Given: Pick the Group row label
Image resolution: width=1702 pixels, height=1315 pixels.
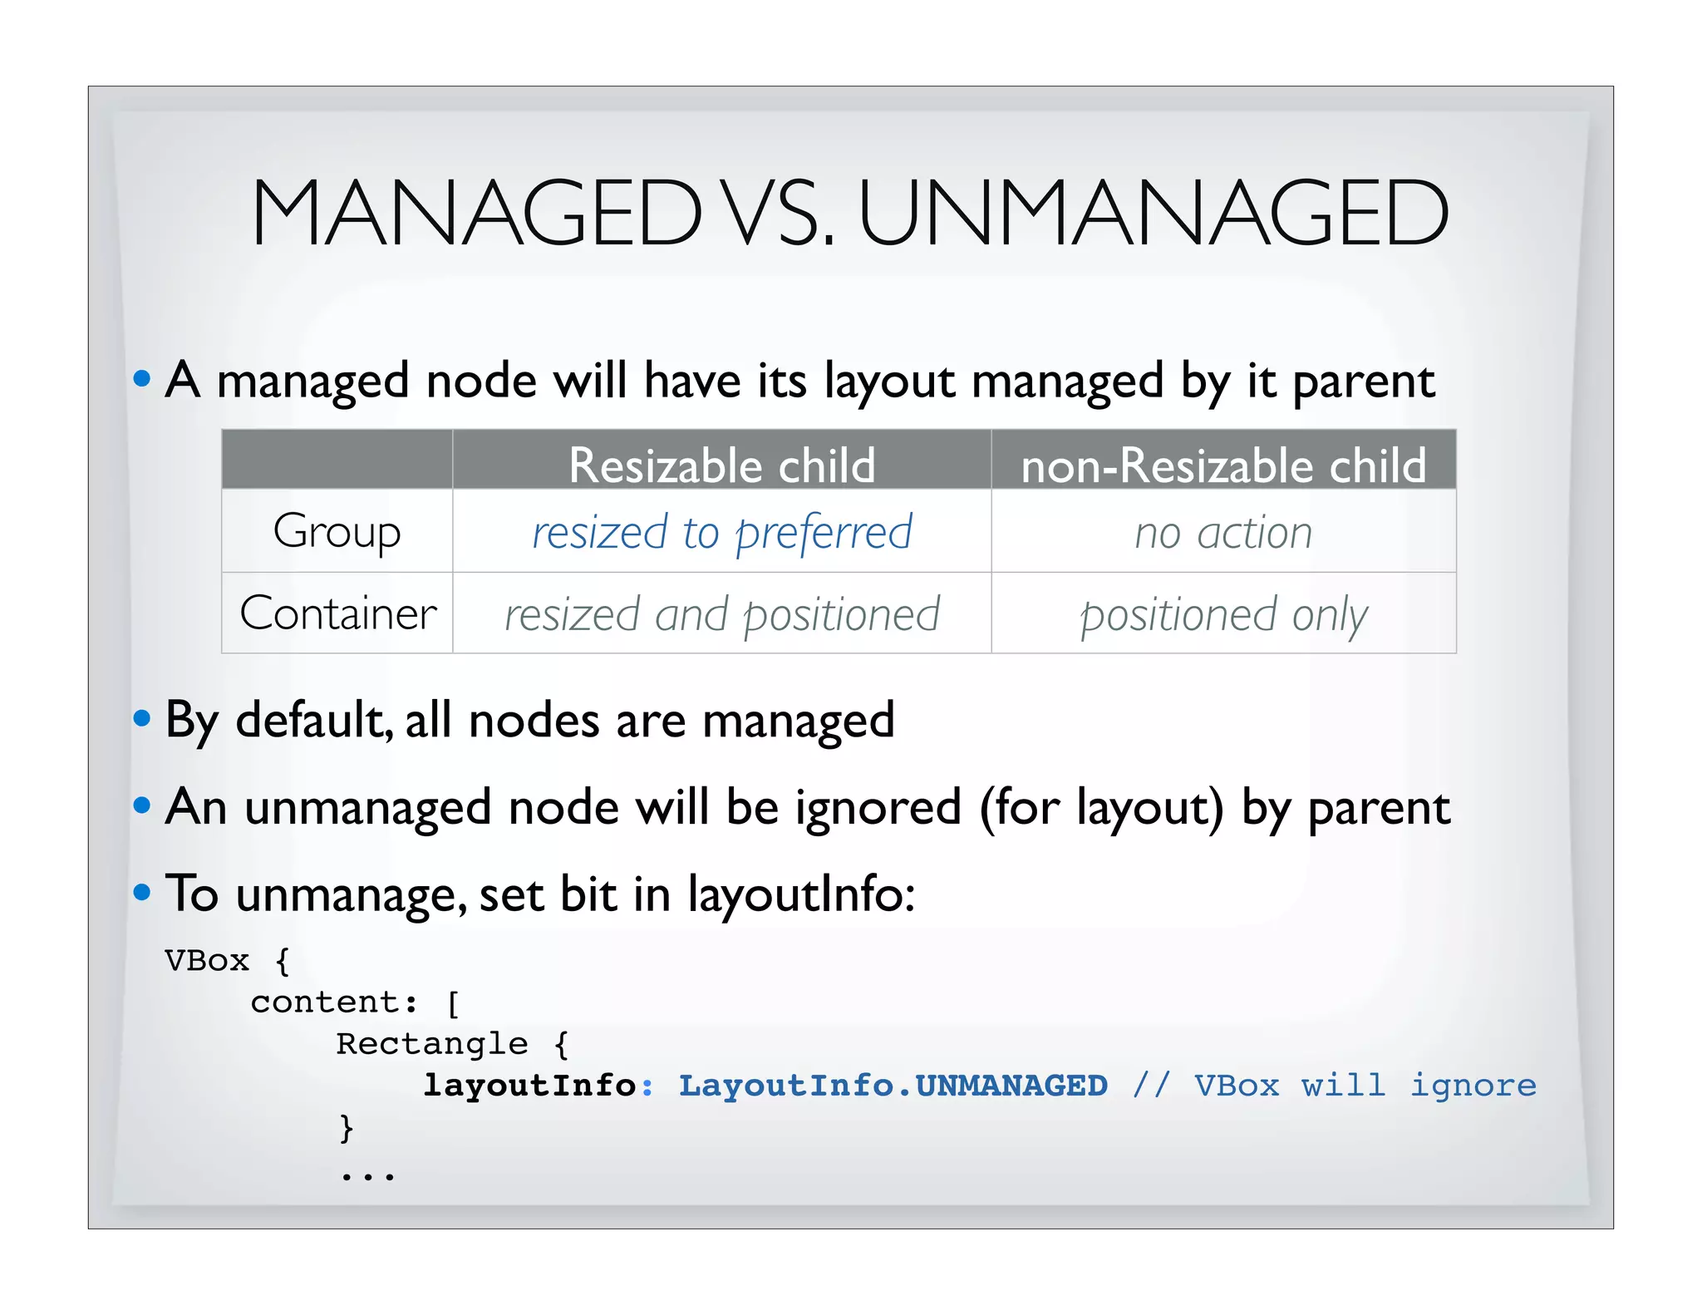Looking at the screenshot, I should [337, 531].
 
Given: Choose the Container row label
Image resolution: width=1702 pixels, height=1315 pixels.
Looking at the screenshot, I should [337, 613].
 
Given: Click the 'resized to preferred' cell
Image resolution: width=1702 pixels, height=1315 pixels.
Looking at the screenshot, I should [721, 532].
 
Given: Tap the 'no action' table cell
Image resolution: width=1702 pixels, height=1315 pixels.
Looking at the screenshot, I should [1223, 532].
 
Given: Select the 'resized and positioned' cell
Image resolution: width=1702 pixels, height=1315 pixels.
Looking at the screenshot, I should [721, 614].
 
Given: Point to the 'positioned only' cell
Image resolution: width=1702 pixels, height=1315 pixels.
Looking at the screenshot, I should [1223, 614].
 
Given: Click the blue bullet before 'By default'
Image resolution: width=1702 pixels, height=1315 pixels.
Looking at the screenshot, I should [142, 718].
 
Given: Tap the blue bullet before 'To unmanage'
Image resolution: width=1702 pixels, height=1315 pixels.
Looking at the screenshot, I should [142, 893].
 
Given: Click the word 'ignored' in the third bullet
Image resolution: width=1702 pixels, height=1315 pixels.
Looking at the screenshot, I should [878, 807].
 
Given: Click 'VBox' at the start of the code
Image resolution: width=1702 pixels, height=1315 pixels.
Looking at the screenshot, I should [207, 961].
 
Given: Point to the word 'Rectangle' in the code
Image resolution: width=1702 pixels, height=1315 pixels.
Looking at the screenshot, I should [431, 1044].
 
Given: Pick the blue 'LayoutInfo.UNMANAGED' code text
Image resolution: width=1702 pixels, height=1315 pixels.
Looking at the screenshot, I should [893, 1086].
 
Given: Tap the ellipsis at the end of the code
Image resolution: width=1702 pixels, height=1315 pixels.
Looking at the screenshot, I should [366, 1175].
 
